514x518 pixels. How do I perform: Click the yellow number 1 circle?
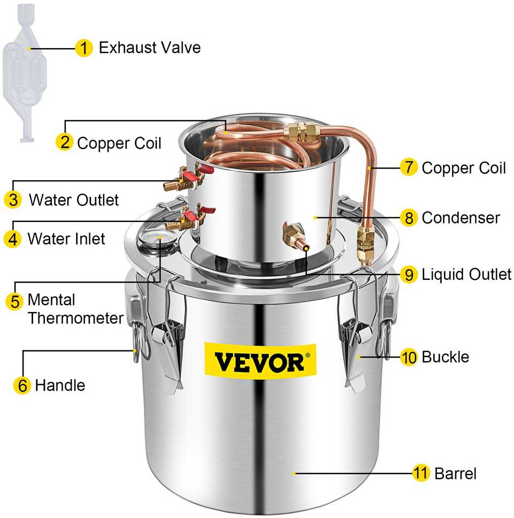84,48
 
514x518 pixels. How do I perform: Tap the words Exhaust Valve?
150,48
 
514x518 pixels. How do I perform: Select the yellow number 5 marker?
14,301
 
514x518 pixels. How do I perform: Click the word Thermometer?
75,318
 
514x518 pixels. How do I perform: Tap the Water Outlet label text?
74,200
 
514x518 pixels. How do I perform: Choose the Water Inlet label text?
66,239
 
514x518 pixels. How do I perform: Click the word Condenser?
461,218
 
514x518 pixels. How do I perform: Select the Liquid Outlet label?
466,275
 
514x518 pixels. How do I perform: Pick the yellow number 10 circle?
409,357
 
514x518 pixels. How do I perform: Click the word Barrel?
455,474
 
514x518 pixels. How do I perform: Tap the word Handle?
60,385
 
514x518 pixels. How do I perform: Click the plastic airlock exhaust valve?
25,73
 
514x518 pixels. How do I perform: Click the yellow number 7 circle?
409,167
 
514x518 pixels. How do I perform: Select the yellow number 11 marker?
421,473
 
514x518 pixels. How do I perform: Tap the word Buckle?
446,357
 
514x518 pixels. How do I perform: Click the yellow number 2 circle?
65,142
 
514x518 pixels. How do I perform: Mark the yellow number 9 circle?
409,274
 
